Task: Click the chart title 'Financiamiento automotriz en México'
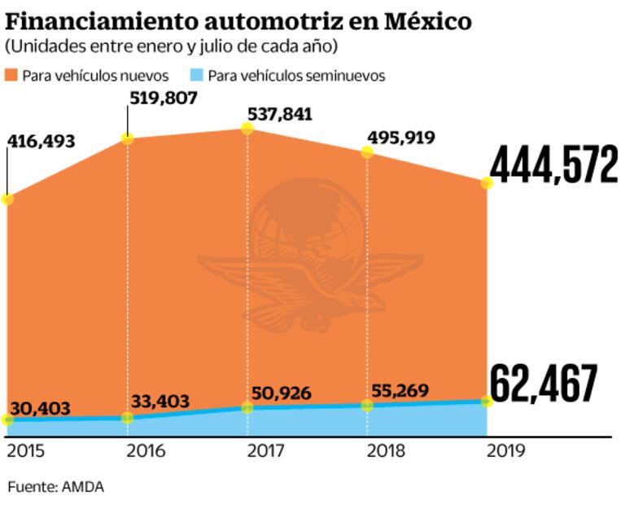(x=238, y=20)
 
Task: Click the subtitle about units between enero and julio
(x=171, y=44)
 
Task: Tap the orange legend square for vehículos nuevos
(x=11, y=76)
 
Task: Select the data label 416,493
(x=41, y=142)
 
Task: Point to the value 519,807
(x=163, y=99)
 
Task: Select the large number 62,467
(x=544, y=385)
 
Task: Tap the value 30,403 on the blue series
(x=41, y=407)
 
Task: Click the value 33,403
(x=160, y=401)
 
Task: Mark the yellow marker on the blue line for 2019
(x=487, y=402)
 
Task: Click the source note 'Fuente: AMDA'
(x=55, y=487)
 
